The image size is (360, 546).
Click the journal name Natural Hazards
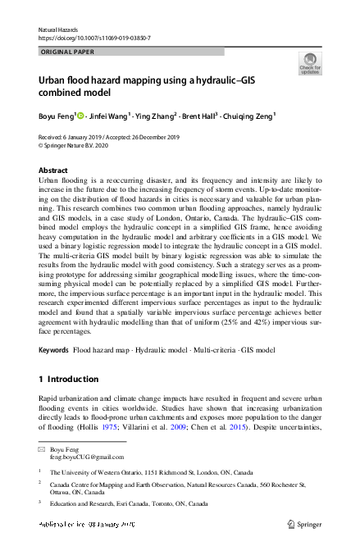57,30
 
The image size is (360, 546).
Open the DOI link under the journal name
94,39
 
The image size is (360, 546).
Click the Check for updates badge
309,63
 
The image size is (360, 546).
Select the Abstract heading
54,171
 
